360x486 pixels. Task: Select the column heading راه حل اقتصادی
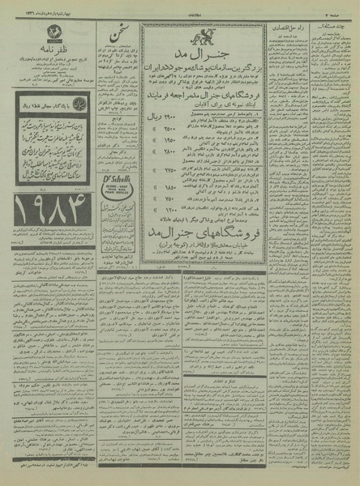288,29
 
